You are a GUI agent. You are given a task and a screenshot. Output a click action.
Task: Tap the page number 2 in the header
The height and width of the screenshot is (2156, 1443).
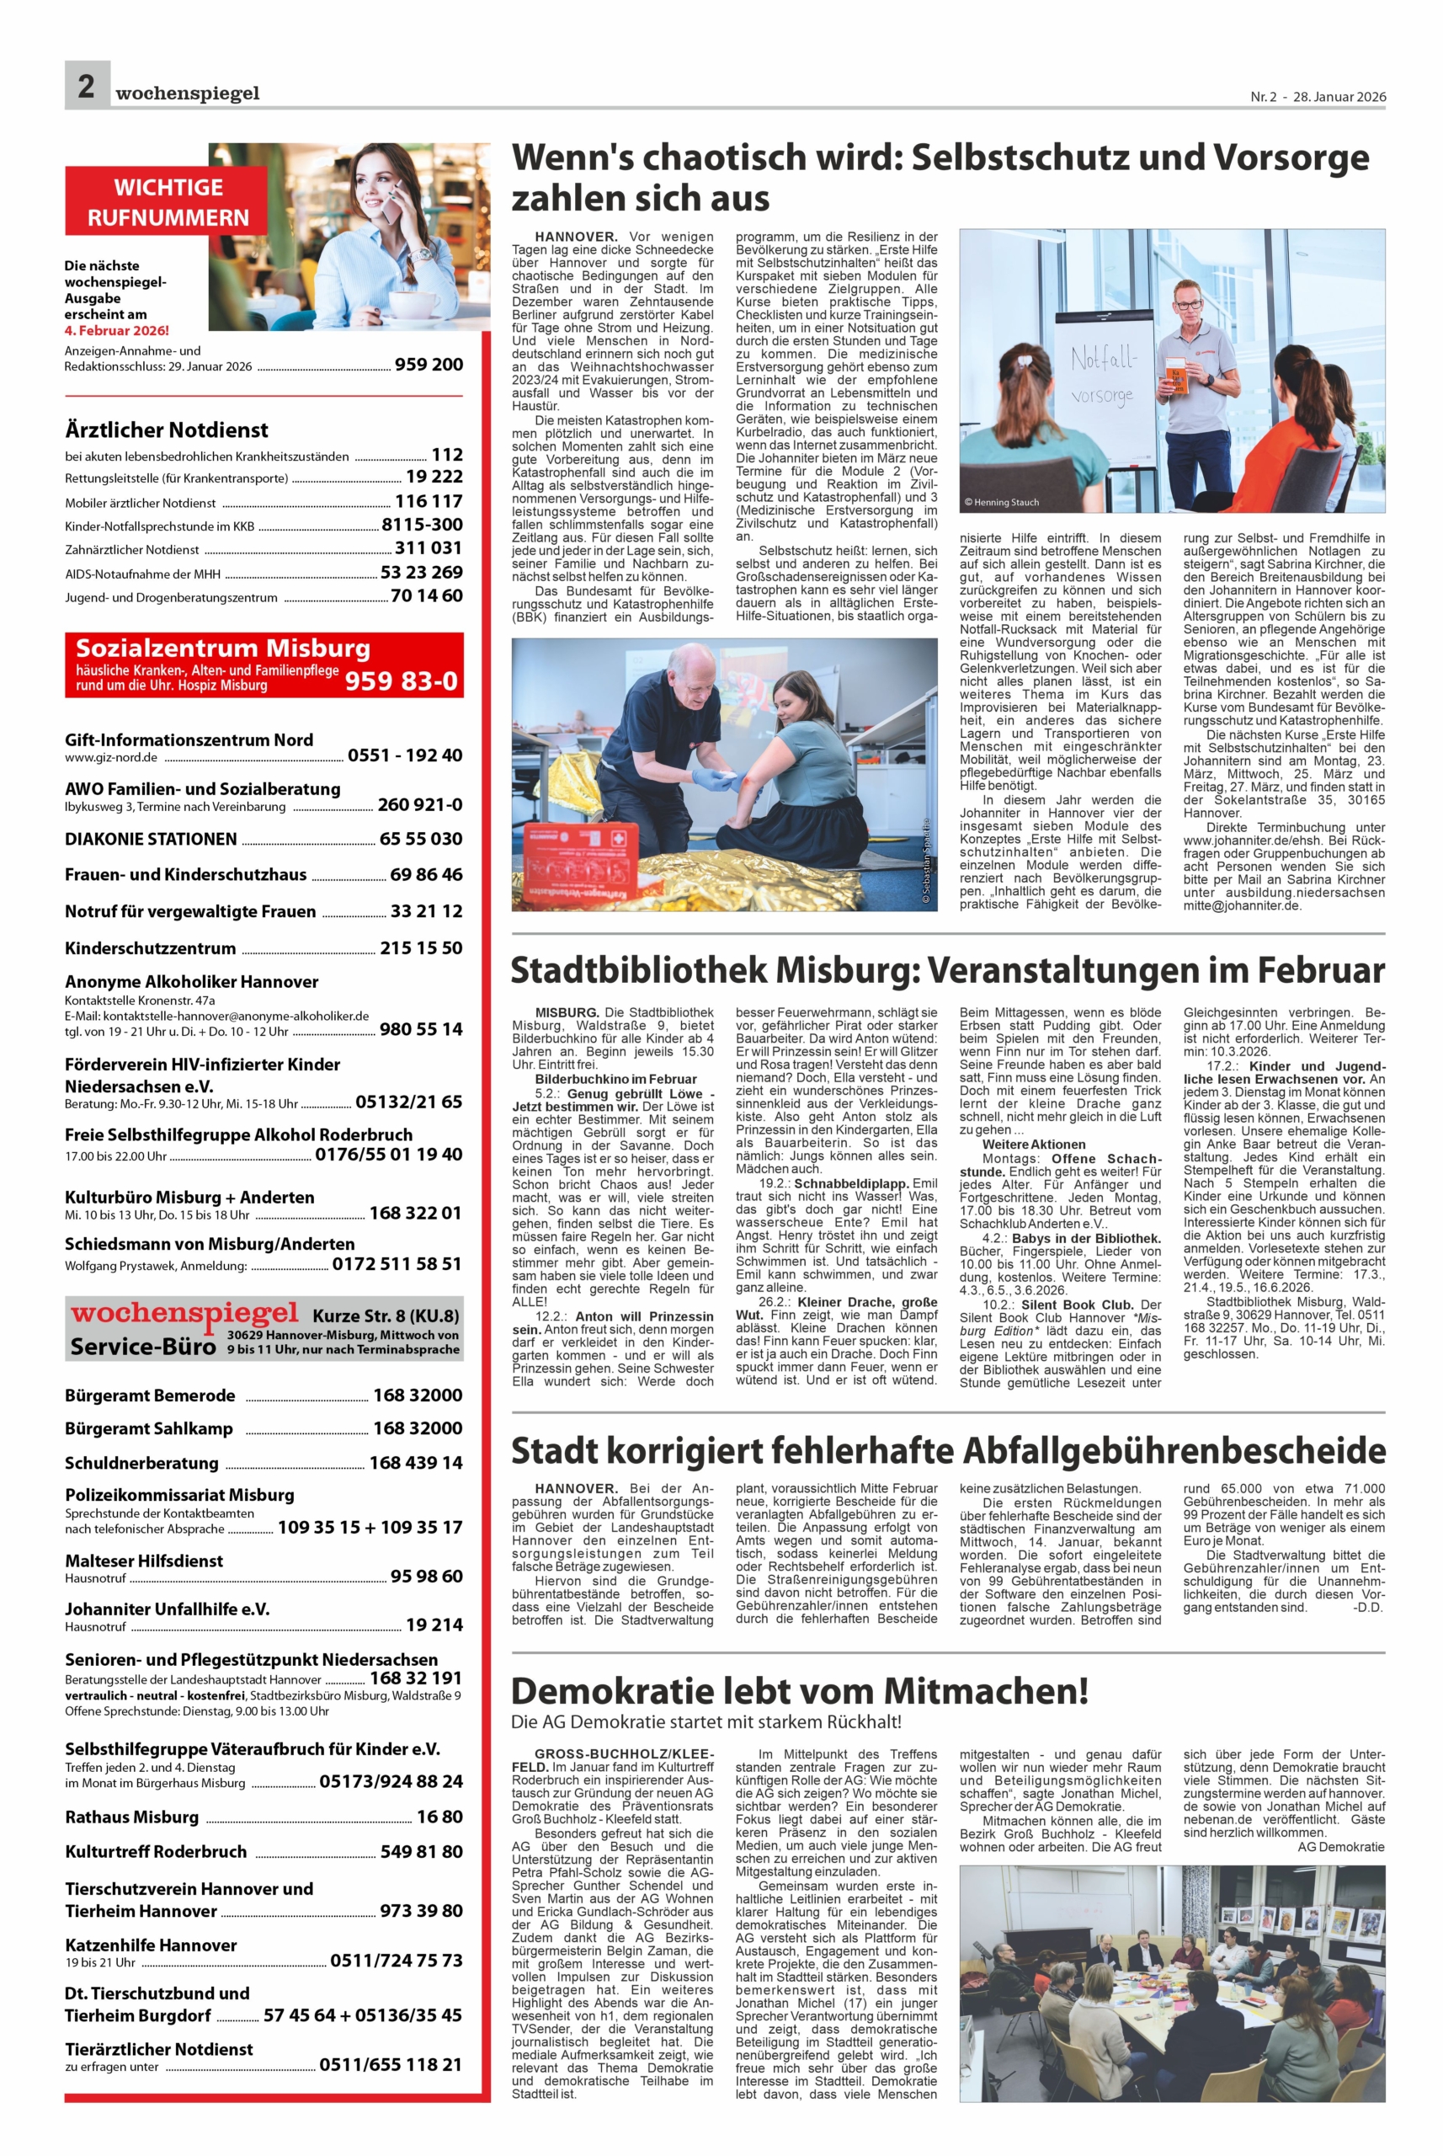[87, 87]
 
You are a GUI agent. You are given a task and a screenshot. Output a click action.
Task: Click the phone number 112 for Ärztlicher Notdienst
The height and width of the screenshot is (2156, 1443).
[447, 455]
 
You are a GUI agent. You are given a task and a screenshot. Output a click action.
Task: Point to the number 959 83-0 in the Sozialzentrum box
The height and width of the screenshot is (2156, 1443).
[401, 680]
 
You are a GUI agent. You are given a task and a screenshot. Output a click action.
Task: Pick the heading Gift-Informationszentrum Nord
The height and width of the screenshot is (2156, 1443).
[189, 740]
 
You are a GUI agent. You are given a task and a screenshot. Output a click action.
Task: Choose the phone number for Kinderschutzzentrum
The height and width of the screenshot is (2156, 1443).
[421, 948]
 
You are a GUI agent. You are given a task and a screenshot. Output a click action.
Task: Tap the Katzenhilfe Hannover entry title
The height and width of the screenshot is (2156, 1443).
[151, 1945]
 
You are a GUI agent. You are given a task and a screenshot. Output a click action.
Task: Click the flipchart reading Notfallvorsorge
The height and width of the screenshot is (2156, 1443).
[1104, 377]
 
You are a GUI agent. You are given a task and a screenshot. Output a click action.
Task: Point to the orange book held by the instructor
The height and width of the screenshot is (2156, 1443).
[1175, 375]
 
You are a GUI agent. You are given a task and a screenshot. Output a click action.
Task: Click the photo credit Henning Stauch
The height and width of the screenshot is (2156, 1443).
[1001, 503]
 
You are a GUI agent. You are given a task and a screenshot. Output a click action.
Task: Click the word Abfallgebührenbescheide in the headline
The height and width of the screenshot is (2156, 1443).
[1174, 1452]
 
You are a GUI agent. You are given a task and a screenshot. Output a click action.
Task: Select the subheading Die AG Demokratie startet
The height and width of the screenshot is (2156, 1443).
[706, 1721]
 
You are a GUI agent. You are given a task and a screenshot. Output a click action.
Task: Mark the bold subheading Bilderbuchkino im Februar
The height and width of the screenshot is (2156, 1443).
[615, 1079]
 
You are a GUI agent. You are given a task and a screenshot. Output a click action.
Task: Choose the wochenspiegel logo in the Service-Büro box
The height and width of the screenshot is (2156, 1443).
[185, 1314]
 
